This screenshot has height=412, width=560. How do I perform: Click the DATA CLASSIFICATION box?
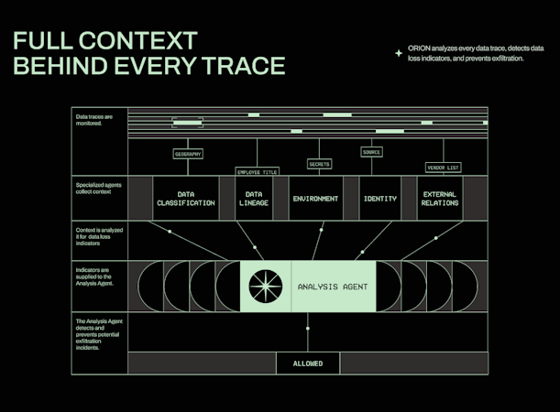coord(186,199)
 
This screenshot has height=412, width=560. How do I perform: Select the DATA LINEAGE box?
coord(253,199)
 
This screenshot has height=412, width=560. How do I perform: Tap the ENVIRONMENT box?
coord(315,199)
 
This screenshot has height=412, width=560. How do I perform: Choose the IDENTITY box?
coord(379,199)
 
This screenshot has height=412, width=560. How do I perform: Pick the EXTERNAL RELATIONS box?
coord(440,199)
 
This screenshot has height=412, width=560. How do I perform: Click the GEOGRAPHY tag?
coord(188,154)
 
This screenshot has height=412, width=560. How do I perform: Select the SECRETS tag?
coord(319,164)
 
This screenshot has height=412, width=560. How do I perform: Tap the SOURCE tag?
coord(371,152)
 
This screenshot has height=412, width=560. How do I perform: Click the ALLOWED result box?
coord(307,363)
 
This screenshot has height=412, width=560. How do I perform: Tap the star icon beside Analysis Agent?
coord(265,287)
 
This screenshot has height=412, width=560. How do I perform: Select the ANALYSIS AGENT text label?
coord(333,287)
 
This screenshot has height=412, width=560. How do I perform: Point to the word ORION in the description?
coord(420,49)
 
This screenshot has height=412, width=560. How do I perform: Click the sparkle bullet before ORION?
coord(398,53)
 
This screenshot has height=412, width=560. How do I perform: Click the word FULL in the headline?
coord(46,40)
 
